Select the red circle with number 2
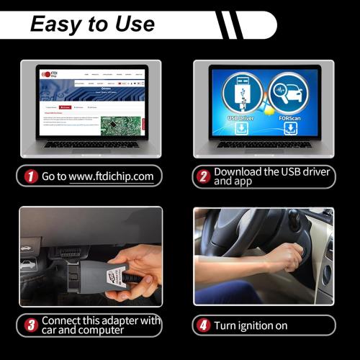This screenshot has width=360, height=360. pos(204,176)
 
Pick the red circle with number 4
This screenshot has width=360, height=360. pos(204,325)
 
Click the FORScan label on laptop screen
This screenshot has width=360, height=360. pos(290,117)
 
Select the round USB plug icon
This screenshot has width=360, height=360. pos(241,91)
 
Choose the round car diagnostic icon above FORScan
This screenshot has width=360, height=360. pos(288,91)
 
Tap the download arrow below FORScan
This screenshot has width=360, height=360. pos(290,129)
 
